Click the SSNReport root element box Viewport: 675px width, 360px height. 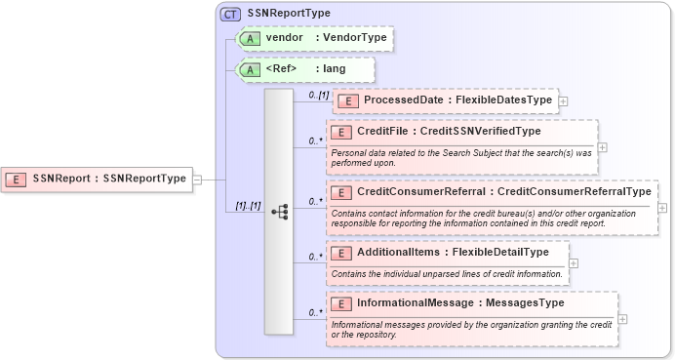tap(97, 179)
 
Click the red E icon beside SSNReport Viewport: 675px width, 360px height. tap(17, 179)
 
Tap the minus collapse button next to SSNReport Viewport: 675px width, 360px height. tap(197, 179)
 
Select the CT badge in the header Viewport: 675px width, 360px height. tap(230, 14)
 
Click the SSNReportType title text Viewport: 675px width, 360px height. tap(289, 14)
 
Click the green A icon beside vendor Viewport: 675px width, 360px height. tap(250, 38)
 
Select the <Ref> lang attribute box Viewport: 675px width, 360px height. tap(305, 69)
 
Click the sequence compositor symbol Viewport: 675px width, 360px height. tap(279, 211)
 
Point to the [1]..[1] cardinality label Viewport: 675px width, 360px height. tap(248, 206)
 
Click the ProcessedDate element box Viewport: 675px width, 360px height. tap(445, 100)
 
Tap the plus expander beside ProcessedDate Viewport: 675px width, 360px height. tap(563, 100)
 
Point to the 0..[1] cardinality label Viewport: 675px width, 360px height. tap(318, 95)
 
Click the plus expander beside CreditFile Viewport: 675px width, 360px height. tap(602, 147)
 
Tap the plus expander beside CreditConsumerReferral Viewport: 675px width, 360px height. tap(662, 207)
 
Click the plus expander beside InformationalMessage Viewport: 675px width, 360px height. tap(622, 319)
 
